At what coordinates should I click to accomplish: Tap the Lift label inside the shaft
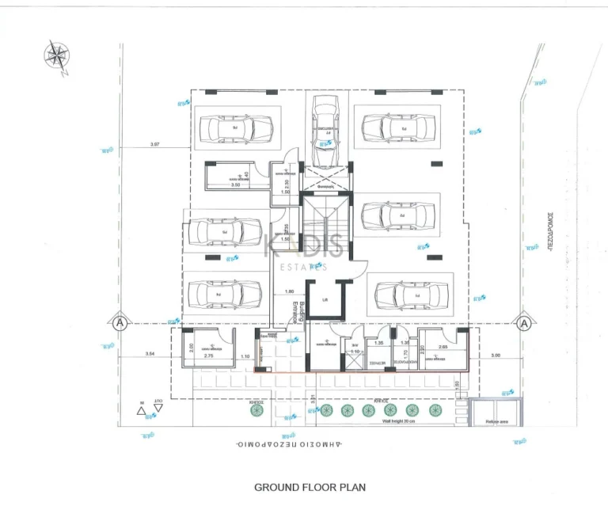pyautogui.click(x=325, y=299)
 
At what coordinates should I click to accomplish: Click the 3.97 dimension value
pyautogui.click(x=154, y=144)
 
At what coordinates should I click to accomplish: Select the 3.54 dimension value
pyautogui.click(x=150, y=354)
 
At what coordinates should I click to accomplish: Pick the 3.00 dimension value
pyautogui.click(x=496, y=355)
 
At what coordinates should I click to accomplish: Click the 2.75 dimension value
pyautogui.click(x=209, y=357)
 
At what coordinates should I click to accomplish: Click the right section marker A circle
pyautogui.click(x=523, y=323)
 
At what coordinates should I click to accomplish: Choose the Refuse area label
pyautogui.click(x=496, y=421)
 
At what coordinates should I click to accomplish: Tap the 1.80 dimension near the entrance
pyautogui.click(x=289, y=291)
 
